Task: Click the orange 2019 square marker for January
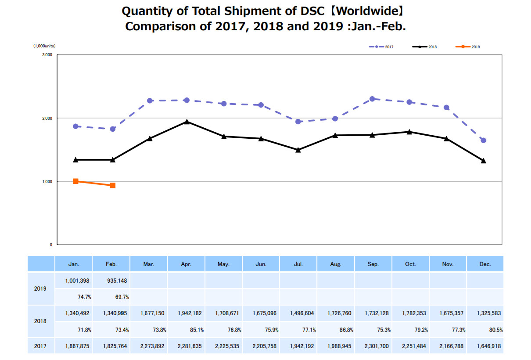75,181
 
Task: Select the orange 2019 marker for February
113,185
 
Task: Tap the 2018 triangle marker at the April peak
187,122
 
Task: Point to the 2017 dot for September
372,99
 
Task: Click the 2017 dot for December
483,140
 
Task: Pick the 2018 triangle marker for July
298,150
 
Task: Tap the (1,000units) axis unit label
44,46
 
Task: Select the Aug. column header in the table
336,264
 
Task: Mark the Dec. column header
485,264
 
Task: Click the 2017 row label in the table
41,346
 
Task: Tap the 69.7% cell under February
122,297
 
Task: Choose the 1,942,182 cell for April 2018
190,313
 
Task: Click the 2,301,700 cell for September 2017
377,346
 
